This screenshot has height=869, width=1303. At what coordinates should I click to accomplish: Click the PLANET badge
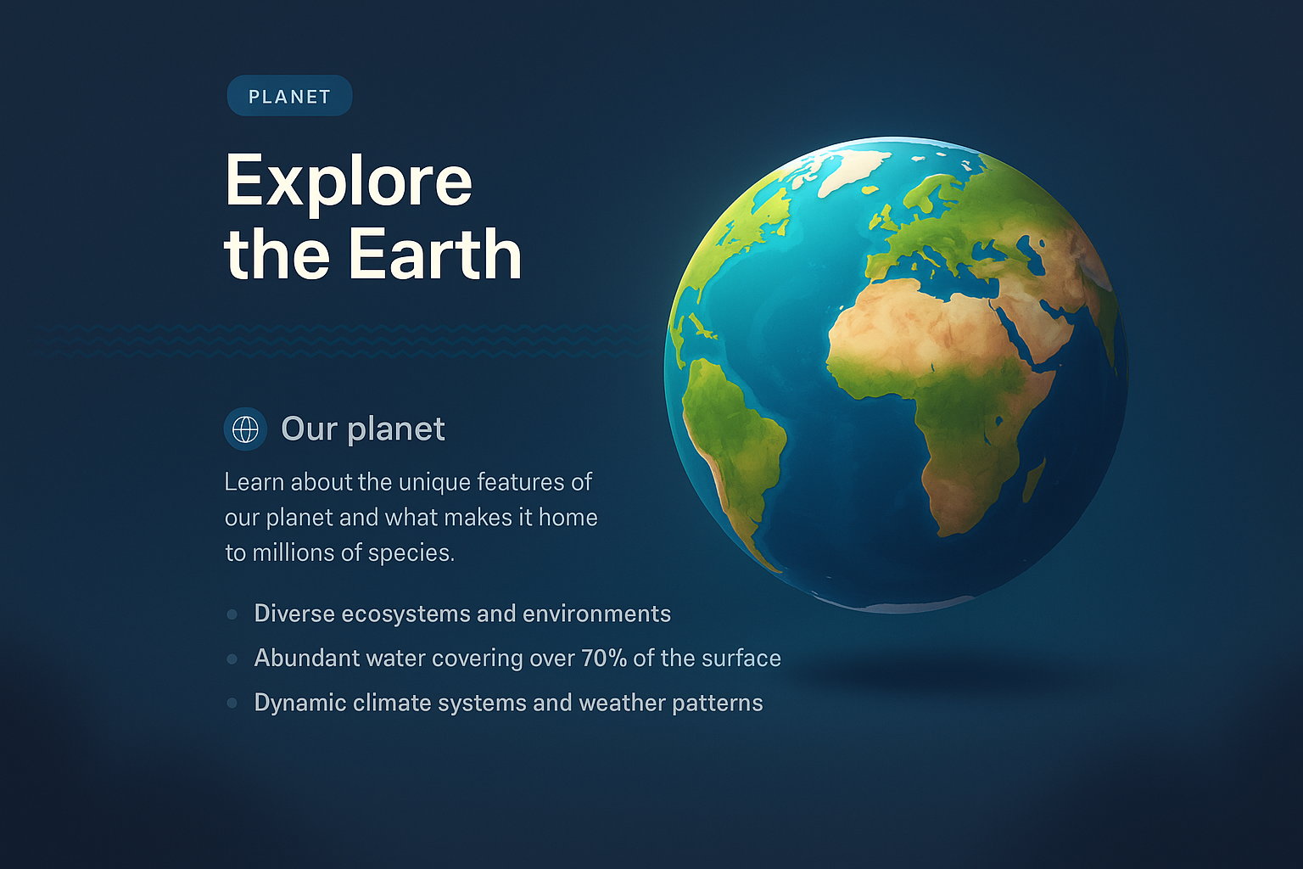coord(289,96)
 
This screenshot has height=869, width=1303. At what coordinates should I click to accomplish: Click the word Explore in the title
coord(348,181)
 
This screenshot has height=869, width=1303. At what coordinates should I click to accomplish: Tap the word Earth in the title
coord(434,254)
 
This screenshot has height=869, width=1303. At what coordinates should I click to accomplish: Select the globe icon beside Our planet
coord(245,429)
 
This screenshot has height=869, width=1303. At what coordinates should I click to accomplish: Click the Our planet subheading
coord(362,429)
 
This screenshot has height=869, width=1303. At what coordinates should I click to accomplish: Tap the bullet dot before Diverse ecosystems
coord(232,614)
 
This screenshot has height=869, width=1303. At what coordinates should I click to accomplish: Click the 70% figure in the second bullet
coord(603,659)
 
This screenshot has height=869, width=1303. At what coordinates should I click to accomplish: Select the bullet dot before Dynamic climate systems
coord(232,703)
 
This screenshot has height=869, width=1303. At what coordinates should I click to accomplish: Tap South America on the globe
coord(734,441)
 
